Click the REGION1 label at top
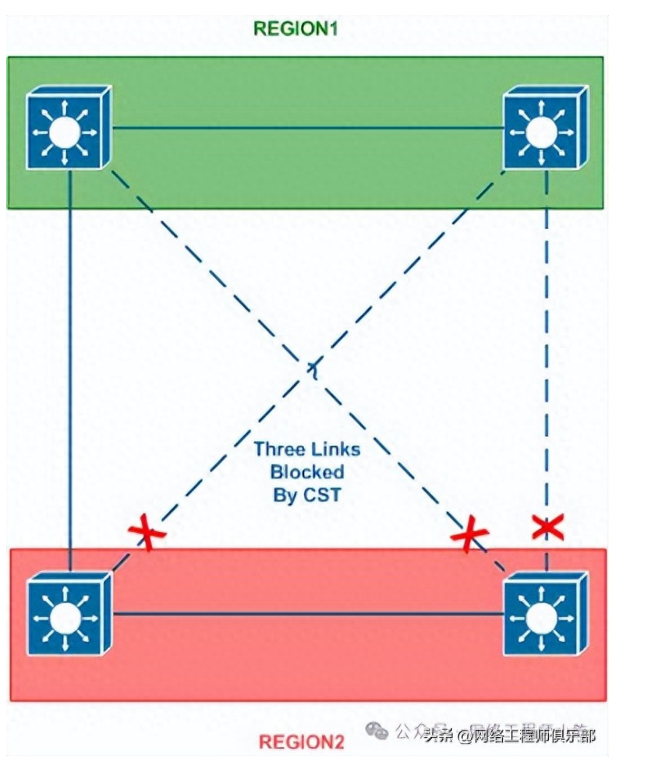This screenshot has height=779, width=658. tap(295, 30)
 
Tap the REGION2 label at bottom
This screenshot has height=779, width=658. tap(300, 741)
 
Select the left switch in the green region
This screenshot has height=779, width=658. tap(68, 128)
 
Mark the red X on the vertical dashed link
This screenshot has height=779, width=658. tap(547, 527)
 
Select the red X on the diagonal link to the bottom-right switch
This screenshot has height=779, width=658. tap(469, 536)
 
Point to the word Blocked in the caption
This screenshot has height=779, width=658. tap(307, 472)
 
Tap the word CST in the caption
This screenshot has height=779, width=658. tap(324, 495)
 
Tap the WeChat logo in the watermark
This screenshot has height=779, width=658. tap(377, 730)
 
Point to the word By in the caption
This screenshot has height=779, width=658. tap(283, 495)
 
